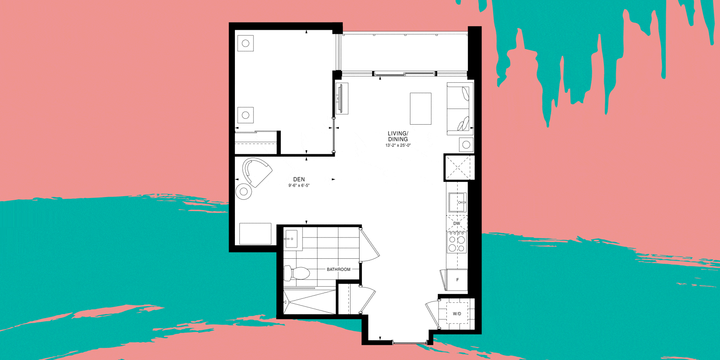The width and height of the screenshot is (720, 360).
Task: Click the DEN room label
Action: tap(299, 180)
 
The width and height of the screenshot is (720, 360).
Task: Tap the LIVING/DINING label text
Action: tap(398, 136)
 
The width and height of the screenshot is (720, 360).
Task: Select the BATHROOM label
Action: tap(338, 270)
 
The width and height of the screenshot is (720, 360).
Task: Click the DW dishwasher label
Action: tap(456, 223)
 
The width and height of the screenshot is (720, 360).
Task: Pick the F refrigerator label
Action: tap(457, 280)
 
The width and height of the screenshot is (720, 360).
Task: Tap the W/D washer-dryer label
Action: tap(457, 314)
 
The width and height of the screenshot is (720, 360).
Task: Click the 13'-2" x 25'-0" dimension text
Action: tap(398, 145)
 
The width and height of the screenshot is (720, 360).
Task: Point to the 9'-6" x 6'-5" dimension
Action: tap(299, 185)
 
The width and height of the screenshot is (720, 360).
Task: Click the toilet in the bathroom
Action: tap(297, 273)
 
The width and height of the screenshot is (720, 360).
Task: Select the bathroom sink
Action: tap(293, 239)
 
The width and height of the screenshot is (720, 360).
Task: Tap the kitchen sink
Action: tap(457, 202)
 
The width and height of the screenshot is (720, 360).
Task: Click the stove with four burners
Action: tap(457, 243)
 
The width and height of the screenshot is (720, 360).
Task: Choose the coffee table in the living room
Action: tap(420, 108)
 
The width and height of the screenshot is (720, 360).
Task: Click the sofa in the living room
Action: tap(460, 108)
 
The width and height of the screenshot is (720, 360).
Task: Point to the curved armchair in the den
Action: tap(257, 171)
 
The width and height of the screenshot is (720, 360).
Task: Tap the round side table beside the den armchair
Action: tap(243, 192)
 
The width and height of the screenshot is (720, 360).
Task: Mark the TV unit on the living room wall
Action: tap(342, 99)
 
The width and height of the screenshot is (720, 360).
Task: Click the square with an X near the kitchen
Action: tap(459, 167)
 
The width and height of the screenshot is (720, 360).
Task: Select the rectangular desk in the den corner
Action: tap(255, 234)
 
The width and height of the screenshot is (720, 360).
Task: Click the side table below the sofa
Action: tap(466, 144)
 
